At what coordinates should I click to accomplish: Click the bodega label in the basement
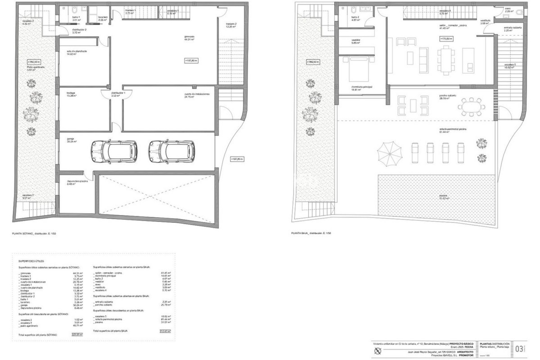coord(71,93)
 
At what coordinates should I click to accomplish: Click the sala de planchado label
coord(76,51)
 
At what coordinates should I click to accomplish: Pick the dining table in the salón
coord(445,60)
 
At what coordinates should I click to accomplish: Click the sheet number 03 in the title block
coord(519,349)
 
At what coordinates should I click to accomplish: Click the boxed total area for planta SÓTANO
coord(77,335)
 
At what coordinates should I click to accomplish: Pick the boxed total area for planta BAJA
coord(165,331)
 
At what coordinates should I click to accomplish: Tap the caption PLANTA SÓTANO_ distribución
coord(34,233)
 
